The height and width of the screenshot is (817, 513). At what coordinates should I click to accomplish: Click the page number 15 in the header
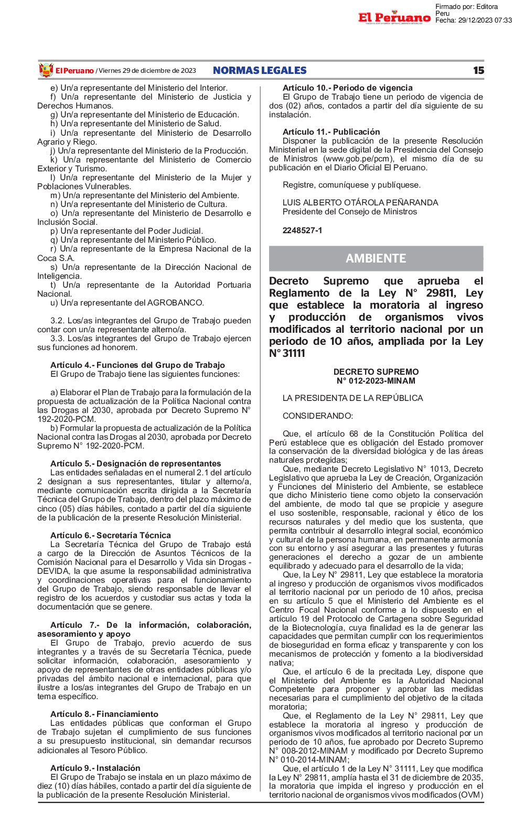click(478, 70)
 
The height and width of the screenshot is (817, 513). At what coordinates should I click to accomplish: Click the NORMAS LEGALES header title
click(260, 70)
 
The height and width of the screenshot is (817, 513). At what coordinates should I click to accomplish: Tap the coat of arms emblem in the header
click(46, 70)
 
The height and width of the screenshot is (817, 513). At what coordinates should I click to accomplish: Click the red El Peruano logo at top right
click(394, 18)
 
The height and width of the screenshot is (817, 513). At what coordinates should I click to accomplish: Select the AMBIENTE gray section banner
click(376, 258)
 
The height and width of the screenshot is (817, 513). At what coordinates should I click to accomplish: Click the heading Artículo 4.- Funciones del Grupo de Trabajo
click(137, 365)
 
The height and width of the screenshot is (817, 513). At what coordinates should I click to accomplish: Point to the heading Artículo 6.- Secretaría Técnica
click(111, 535)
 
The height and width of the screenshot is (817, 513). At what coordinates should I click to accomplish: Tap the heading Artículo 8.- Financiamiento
click(104, 714)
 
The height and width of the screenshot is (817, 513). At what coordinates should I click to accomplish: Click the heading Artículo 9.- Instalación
click(95, 768)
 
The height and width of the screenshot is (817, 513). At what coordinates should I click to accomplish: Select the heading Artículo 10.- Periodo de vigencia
click(347, 88)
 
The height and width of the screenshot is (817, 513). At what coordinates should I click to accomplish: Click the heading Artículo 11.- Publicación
click(331, 132)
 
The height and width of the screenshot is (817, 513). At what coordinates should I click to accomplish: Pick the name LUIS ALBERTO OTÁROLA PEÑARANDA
click(360, 202)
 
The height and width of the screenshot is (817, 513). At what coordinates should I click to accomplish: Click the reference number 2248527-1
click(302, 230)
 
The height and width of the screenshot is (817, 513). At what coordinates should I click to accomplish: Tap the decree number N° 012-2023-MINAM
click(376, 381)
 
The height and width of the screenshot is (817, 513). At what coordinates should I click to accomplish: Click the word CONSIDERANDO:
click(318, 416)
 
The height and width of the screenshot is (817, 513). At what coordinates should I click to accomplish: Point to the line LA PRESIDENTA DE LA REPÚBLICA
click(352, 398)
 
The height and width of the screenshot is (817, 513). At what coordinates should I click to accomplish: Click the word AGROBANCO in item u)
click(175, 302)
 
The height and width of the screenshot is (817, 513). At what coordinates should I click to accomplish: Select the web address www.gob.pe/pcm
click(358, 159)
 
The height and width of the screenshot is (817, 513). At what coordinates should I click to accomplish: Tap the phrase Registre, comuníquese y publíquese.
click(351, 184)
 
